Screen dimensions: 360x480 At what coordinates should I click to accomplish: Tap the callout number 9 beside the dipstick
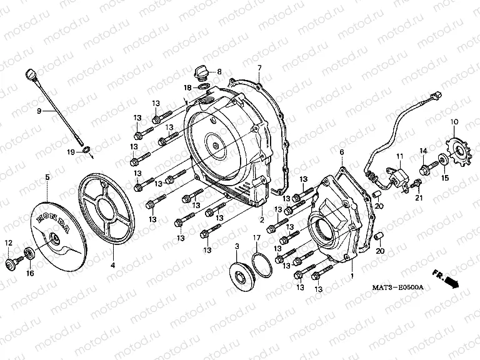point(39,111)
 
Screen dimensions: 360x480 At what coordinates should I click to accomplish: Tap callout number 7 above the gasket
point(259,67)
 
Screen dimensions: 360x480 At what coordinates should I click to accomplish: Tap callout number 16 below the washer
point(29,273)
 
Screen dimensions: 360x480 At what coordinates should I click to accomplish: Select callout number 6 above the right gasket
point(342,152)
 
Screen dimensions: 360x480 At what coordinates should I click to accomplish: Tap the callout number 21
point(419,197)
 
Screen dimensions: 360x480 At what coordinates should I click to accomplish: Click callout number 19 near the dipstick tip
point(71,152)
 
